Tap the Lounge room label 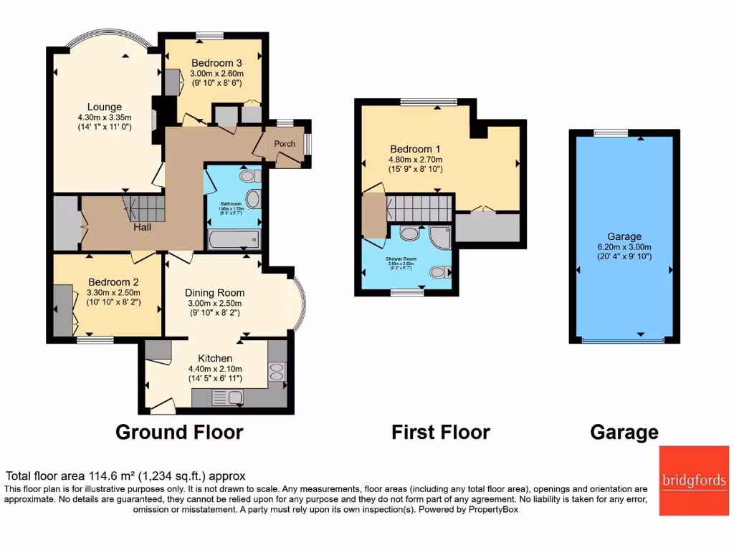coord(100,107)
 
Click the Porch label coord(285,144)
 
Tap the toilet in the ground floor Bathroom coord(249,175)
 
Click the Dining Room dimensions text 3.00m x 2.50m coord(214,303)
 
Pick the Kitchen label coord(215,358)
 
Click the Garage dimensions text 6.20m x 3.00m coord(624,247)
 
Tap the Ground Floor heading coord(179,433)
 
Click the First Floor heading coord(440,433)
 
